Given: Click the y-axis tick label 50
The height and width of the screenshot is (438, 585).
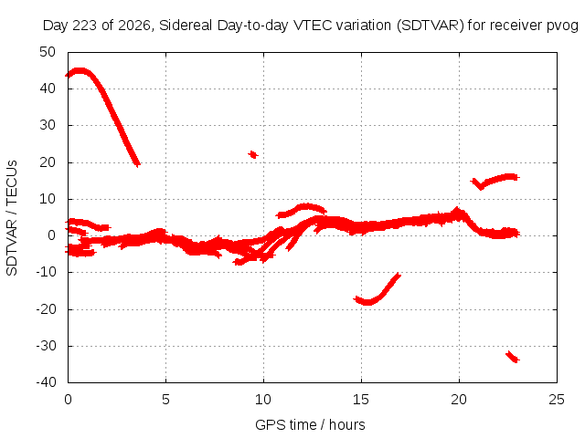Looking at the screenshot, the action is (x=48, y=52).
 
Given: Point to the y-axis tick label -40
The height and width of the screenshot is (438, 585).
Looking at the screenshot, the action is (x=46, y=381).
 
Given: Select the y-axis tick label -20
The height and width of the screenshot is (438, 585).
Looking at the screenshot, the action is (x=46, y=309).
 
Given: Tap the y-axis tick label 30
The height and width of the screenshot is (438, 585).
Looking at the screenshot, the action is (x=48, y=125).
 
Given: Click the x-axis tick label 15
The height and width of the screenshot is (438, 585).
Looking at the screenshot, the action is (x=361, y=400).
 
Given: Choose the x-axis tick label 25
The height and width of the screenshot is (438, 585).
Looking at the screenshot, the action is (x=557, y=400).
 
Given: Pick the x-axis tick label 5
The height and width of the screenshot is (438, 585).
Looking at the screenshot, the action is (x=165, y=400).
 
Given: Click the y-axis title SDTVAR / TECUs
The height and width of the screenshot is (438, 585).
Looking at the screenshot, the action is (x=12, y=218).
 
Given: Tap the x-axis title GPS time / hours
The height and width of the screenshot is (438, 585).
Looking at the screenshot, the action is (x=310, y=424).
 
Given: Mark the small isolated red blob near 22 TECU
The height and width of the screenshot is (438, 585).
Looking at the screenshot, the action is (x=253, y=154).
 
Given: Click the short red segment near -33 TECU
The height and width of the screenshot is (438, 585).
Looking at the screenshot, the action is (x=513, y=357).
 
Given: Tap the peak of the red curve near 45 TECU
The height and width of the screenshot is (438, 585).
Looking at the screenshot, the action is (x=80, y=71).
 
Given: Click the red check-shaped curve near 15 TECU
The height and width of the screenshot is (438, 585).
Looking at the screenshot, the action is (x=496, y=181).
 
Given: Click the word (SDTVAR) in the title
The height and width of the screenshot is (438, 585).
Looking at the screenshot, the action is (x=431, y=26).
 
